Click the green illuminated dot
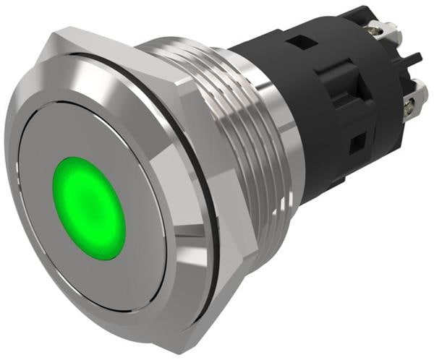click(x=89, y=207)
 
